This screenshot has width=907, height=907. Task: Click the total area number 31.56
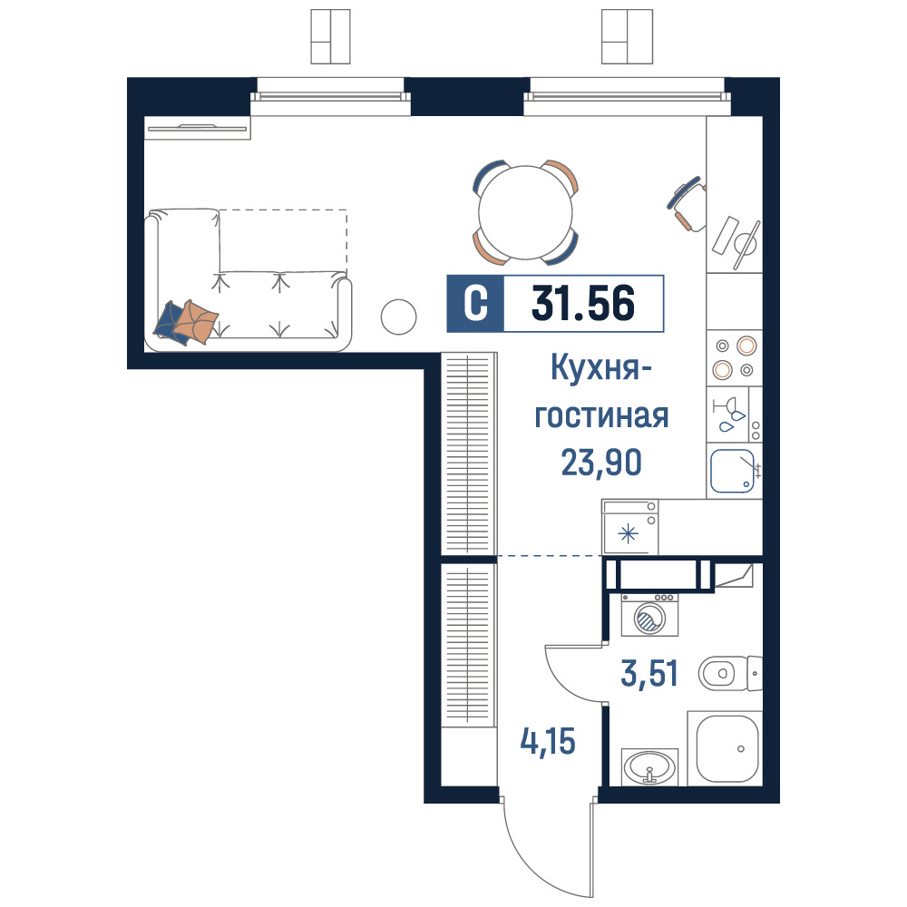point(583,303)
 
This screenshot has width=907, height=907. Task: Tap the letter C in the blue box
point(475,303)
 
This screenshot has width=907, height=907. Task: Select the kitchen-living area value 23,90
point(601,463)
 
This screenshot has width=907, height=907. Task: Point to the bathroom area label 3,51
point(649,673)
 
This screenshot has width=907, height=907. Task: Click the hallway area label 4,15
point(548,742)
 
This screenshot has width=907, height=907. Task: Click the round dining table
point(526,212)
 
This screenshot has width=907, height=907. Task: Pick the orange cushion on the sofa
point(196,321)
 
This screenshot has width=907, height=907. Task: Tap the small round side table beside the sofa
point(398,317)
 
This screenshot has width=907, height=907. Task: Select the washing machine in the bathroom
point(649,615)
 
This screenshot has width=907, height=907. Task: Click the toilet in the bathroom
point(730,673)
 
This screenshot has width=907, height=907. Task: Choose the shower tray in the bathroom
point(725,748)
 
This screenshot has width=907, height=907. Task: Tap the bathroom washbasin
point(649,767)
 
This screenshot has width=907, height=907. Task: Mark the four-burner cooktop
point(735,357)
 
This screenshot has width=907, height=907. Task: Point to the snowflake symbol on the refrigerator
point(629,533)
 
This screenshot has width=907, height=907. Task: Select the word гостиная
point(601,416)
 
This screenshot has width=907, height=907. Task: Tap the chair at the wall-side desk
point(688,203)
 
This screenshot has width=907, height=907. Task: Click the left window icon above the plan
point(330,36)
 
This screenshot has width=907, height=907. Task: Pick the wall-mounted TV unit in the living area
point(197,128)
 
